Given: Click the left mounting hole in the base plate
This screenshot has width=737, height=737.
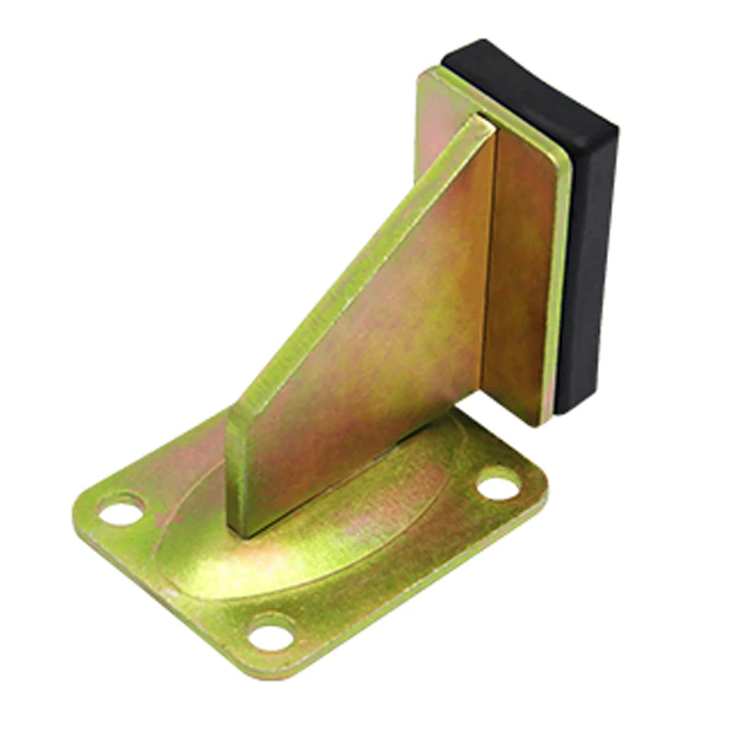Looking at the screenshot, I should [122, 509].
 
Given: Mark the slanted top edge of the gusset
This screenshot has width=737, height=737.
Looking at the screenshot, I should [359, 267].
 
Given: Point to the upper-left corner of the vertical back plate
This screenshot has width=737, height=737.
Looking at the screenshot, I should [426, 76].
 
